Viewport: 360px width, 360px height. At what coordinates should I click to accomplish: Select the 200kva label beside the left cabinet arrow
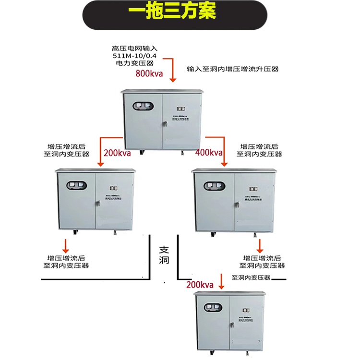click(x=118, y=154)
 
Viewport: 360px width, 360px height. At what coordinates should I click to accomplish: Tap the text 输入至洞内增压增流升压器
click(x=233, y=69)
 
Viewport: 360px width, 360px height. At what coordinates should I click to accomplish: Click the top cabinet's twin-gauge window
click(x=142, y=108)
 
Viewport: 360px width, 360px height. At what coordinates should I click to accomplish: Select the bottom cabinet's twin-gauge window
click(x=215, y=308)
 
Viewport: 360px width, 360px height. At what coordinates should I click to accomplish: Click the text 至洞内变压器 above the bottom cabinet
click(x=252, y=278)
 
